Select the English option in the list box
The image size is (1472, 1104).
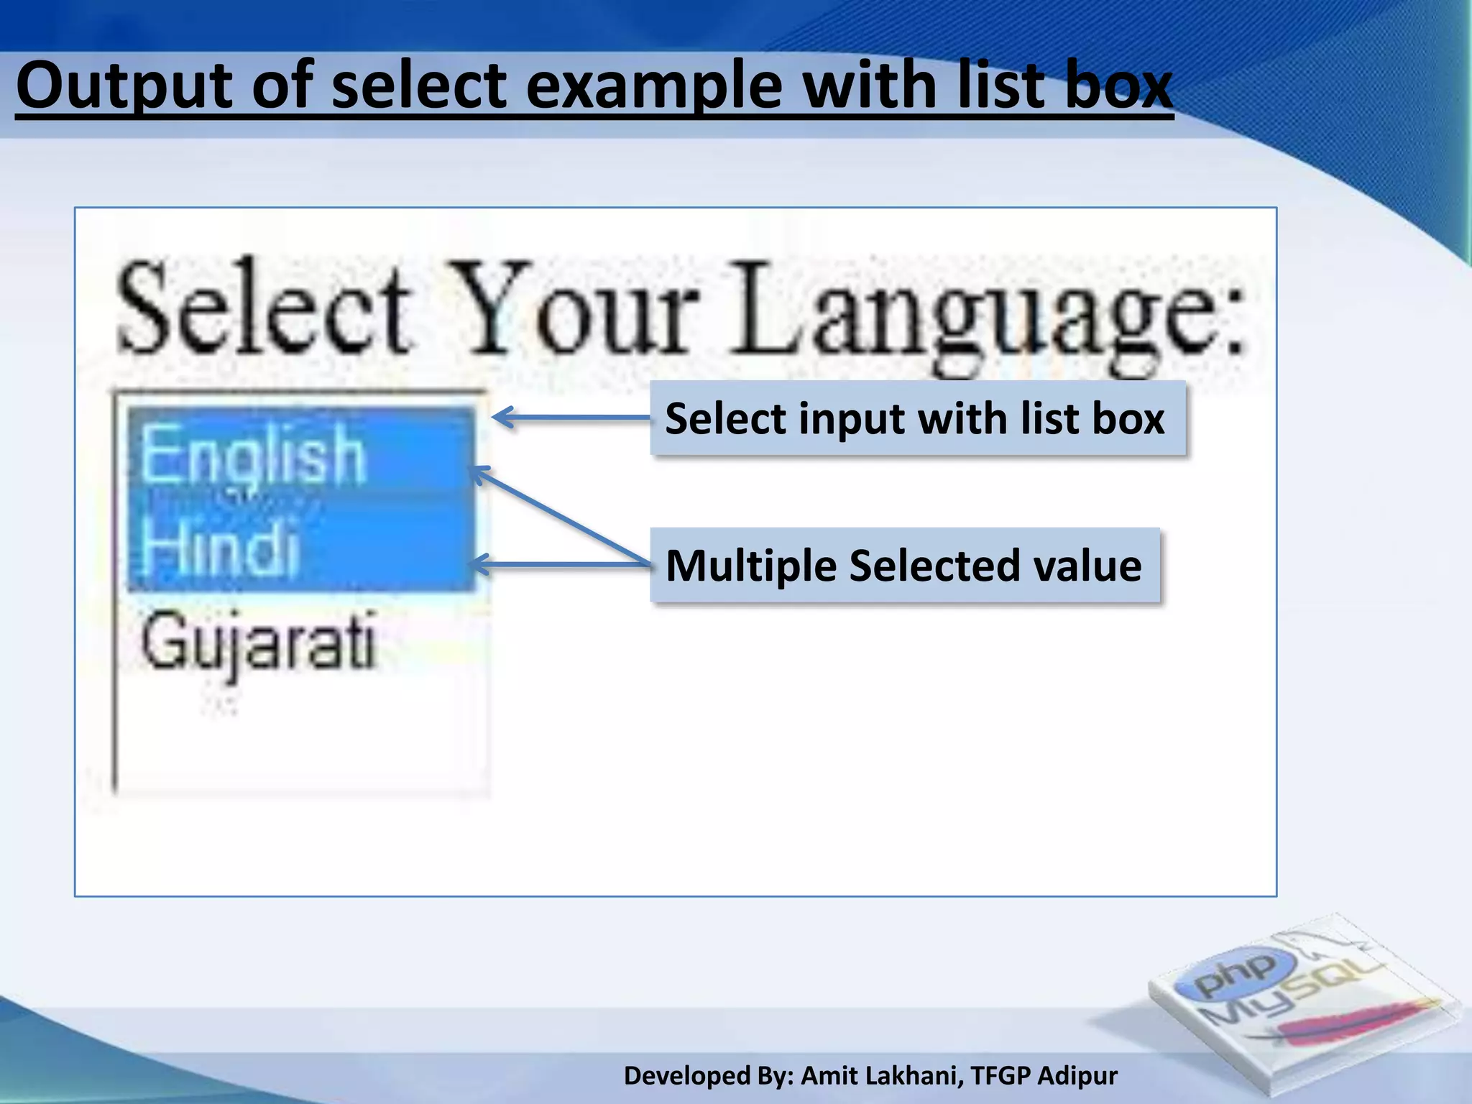(x=253, y=454)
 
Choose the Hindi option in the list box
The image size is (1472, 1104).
(x=219, y=546)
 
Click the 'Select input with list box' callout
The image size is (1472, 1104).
(x=916, y=418)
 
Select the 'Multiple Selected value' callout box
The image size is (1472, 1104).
(x=904, y=566)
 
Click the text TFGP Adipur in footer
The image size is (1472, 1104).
(x=1044, y=1076)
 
